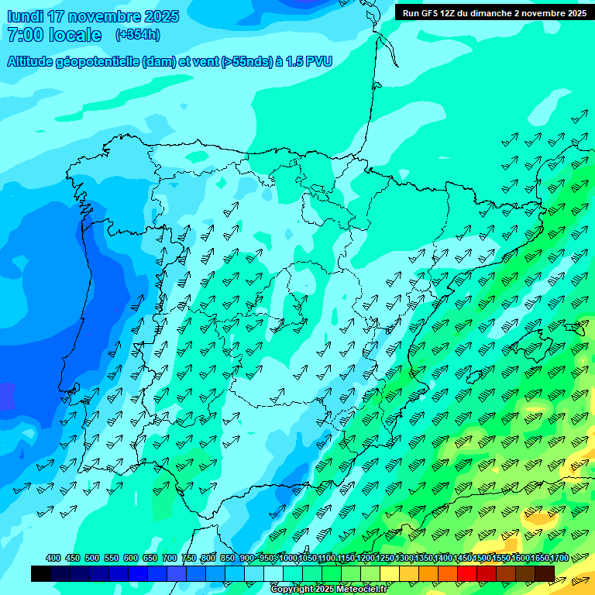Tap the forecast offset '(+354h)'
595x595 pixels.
[138, 35]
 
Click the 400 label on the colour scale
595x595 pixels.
[53, 558]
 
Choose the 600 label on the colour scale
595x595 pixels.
[131, 558]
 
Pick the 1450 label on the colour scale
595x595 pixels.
[463, 558]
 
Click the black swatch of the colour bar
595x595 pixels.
[41, 573]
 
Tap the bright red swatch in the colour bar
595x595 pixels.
[467, 573]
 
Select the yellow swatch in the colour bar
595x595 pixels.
[390, 573]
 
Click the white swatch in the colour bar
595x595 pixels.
[273, 573]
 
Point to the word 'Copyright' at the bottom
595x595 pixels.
[293, 590]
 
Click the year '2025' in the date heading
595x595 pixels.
[162, 16]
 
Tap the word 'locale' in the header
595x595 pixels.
[74, 35]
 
